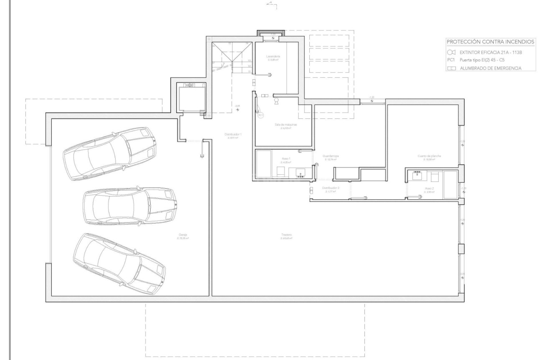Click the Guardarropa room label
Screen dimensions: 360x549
pyautogui.click(x=330, y=156)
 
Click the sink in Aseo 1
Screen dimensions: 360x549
pyautogui.click(x=300, y=173)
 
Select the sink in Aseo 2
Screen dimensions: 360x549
pyautogui.click(x=417, y=175)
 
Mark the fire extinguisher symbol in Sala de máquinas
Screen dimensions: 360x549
pyautogui.click(x=276, y=101)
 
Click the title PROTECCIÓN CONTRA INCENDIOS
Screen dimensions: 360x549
pyautogui.click(x=490, y=42)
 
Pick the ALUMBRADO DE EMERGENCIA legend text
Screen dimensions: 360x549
pyautogui.click(x=491, y=68)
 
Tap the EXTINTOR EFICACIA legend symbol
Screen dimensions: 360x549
pyautogui.click(x=451, y=53)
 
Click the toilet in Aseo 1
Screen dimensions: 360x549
pyautogui.click(x=281, y=171)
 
